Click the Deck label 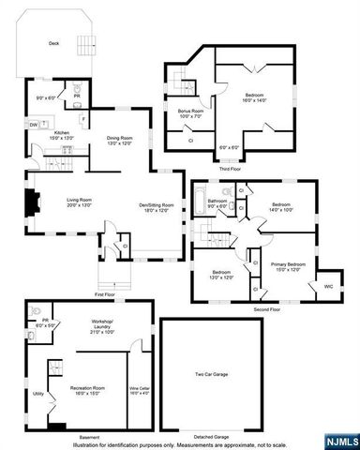coord(53,43)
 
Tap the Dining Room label coord(118,138)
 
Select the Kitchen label coord(61,134)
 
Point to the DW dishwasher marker coord(33,125)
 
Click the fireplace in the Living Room coord(34,201)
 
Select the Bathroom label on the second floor coord(218,202)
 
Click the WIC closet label coord(328,285)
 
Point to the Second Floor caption coord(267,308)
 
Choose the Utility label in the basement coord(38,394)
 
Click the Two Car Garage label coord(212,375)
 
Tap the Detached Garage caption coord(210,436)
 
